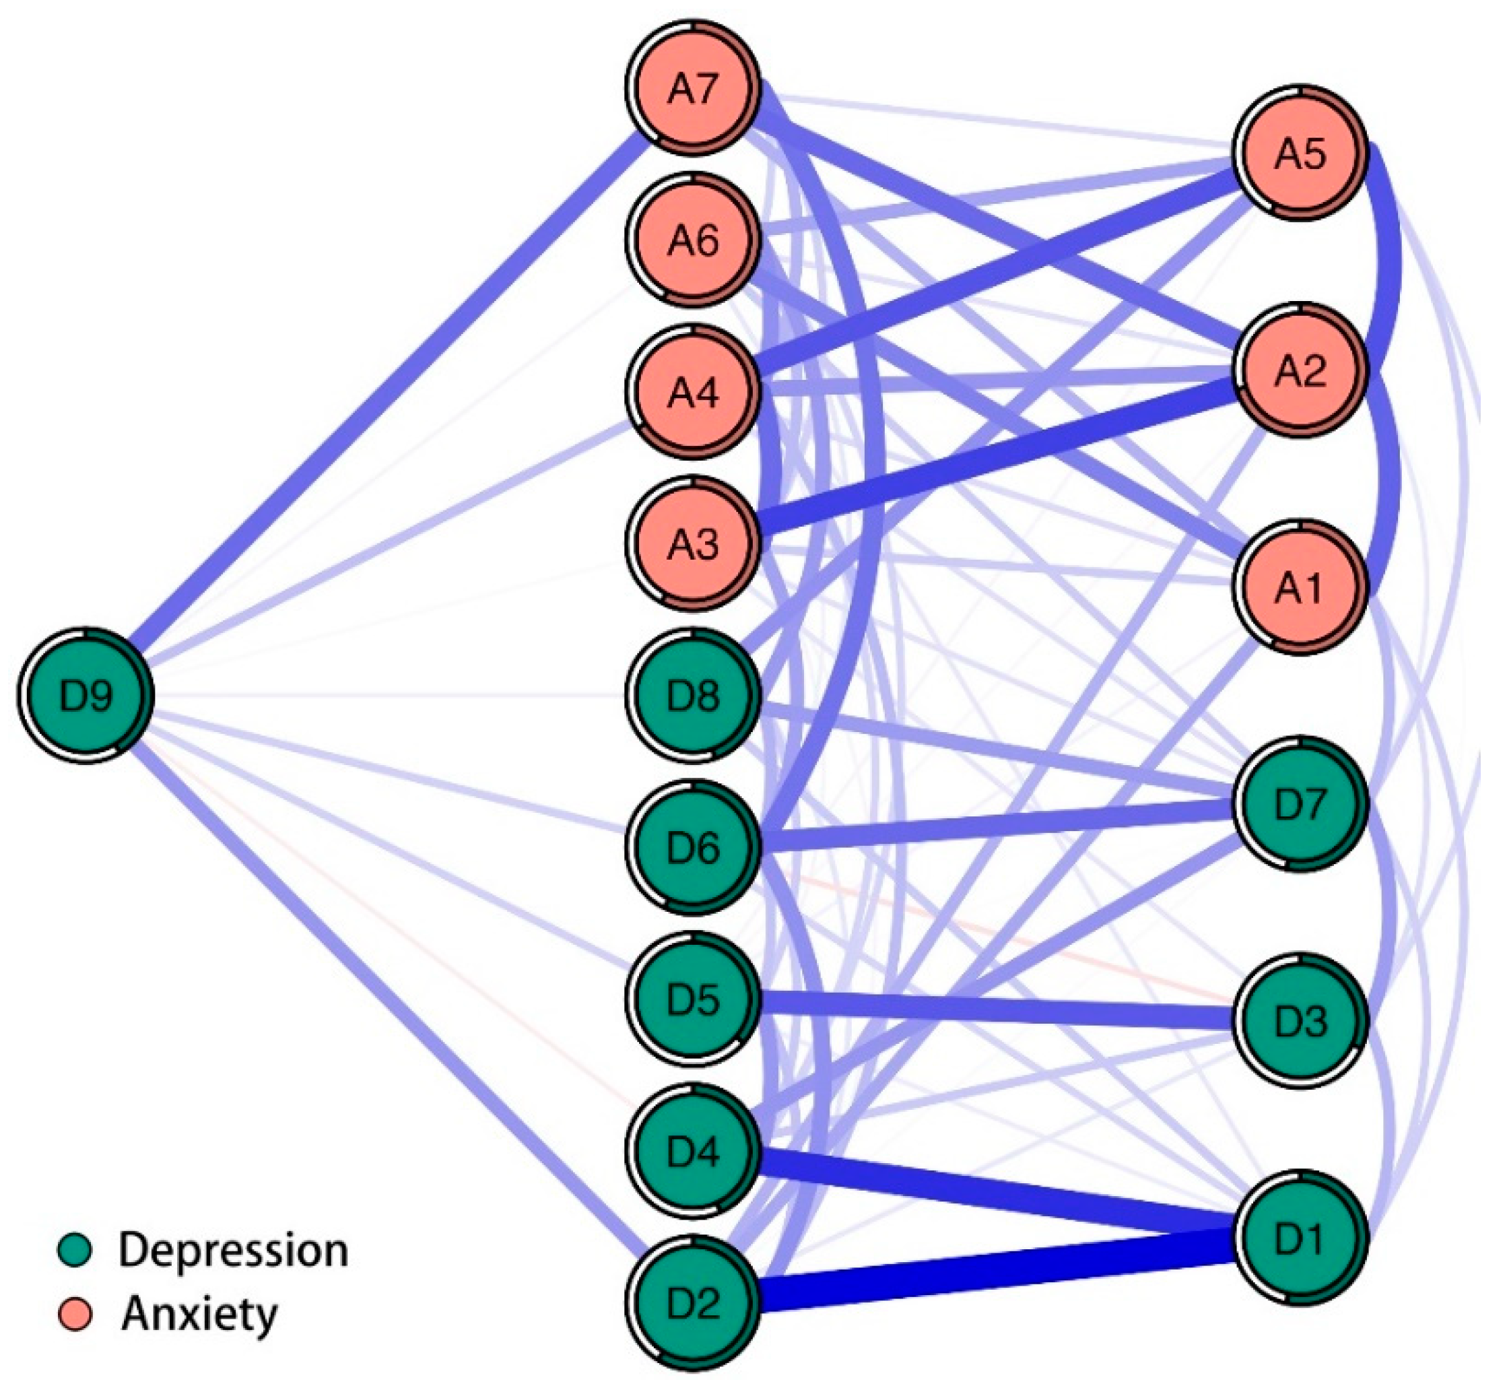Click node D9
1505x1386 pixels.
point(86,694)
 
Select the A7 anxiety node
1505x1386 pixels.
point(694,88)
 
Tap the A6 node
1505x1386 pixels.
point(694,240)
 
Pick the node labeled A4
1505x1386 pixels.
point(694,391)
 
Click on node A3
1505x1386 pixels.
point(694,543)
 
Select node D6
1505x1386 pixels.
point(694,847)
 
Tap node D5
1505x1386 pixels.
point(694,999)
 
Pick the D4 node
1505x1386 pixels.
point(694,1151)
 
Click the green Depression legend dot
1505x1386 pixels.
point(75,1249)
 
